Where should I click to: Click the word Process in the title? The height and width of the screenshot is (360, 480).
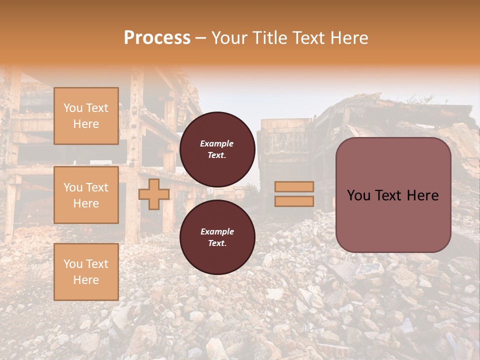(157, 38)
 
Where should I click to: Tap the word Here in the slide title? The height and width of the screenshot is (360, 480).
(348, 38)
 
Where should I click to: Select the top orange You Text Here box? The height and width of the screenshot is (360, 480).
(86, 116)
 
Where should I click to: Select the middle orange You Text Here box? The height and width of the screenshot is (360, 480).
(86, 195)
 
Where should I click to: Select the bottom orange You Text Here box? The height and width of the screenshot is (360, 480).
(86, 272)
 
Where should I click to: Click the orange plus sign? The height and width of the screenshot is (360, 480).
(154, 194)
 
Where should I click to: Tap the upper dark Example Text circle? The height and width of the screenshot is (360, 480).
(217, 149)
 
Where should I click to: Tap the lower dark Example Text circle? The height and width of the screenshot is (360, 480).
(217, 237)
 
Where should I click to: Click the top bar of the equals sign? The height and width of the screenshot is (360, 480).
(294, 186)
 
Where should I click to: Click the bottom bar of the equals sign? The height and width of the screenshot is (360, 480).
(294, 201)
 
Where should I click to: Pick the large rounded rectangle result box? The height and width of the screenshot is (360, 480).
(393, 195)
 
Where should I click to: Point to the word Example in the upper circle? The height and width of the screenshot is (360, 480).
(217, 143)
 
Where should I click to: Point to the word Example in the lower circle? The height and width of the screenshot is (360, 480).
(217, 231)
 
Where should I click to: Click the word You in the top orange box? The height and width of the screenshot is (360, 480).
(72, 108)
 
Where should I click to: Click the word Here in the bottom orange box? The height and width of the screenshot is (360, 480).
(86, 280)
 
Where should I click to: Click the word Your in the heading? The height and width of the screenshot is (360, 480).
(230, 38)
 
